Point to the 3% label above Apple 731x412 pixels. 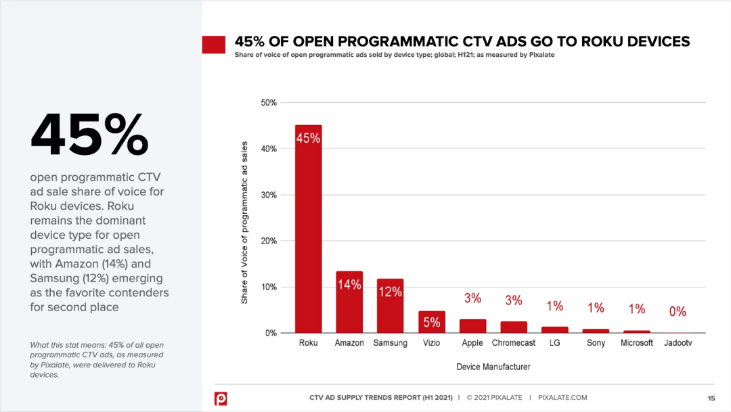tap(472, 298)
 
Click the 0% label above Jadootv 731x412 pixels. tap(678, 312)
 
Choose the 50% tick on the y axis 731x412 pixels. tap(269, 103)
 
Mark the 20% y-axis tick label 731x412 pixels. tap(269, 241)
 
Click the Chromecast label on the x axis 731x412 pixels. tap(514, 343)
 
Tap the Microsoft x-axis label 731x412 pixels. tap(637, 343)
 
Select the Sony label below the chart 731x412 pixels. tap(596, 343)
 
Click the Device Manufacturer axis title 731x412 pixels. tap(493, 367)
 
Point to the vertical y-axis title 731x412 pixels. tap(245, 222)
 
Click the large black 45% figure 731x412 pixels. tap(89, 135)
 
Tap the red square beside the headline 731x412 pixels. tap(214, 45)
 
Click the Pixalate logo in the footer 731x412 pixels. tap(221, 398)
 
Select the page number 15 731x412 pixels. tap(711, 398)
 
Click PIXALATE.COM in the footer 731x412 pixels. tap(562, 398)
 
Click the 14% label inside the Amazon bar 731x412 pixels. tap(349, 285)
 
